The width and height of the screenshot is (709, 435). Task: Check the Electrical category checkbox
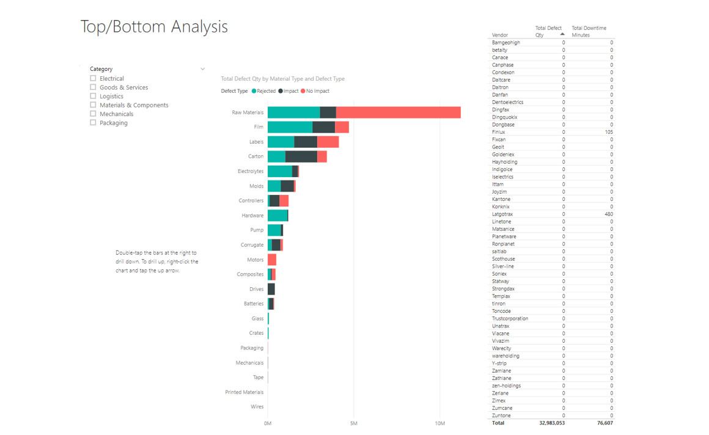[93, 78]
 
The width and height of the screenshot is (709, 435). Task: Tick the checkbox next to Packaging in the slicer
[93, 123]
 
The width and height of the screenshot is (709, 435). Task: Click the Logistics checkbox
[93, 96]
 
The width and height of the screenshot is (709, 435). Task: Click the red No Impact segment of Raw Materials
[398, 112]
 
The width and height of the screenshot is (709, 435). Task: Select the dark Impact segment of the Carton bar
[301, 156]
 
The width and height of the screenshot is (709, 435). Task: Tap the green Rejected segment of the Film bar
[290, 127]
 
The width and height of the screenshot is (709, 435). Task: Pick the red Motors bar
[272, 260]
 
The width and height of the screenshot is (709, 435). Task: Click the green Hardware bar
[277, 215]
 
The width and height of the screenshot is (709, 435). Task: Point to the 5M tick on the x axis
[354, 423]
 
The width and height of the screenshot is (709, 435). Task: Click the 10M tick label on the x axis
[440, 423]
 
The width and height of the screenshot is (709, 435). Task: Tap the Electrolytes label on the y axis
[251, 171]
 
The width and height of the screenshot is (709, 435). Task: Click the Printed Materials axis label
[244, 392]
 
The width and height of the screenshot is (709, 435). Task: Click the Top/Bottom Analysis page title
[154, 27]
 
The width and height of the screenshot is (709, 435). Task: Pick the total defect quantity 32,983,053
[552, 423]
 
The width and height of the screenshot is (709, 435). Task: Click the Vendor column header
[500, 35]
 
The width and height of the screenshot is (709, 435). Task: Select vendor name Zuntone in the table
[501, 415]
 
